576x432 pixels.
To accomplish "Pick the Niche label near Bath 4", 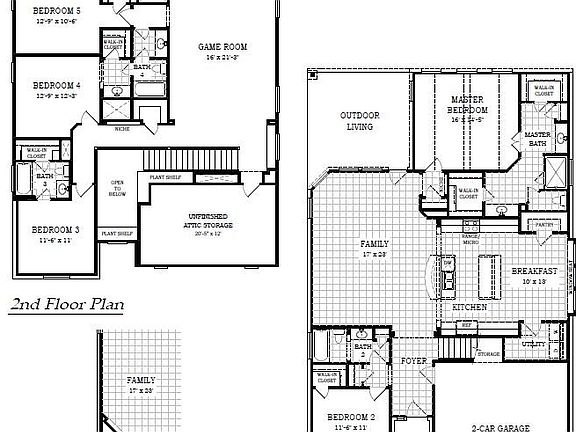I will [x=122, y=128].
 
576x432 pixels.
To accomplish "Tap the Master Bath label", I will [x=538, y=140].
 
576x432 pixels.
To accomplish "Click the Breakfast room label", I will [x=534, y=271].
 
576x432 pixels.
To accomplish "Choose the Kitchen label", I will [x=469, y=307].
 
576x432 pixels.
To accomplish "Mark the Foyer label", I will [x=414, y=360].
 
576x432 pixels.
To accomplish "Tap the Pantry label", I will [x=544, y=226].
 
